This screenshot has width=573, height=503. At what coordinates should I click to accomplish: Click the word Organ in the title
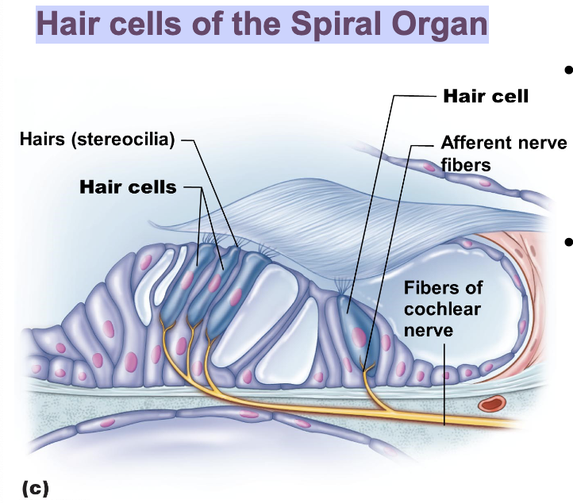tap(442, 25)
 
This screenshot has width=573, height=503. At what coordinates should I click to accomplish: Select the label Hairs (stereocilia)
tap(97, 141)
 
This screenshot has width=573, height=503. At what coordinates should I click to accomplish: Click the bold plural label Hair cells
tap(128, 187)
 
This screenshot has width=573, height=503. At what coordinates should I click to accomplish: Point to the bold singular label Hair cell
tap(485, 96)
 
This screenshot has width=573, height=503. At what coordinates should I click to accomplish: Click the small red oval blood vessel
tap(493, 406)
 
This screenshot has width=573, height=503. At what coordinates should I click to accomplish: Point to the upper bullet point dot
tap(567, 70)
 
